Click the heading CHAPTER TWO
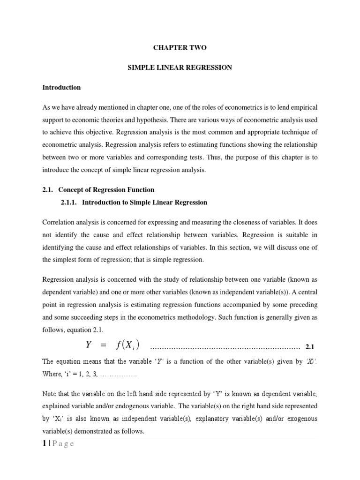(x=180, y=48)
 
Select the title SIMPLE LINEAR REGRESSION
(x=180, y=67)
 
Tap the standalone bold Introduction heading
(x=61, y=87)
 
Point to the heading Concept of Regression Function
(x=106, y=190)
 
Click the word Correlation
(x=58, y=221)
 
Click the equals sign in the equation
(x=104, y=346)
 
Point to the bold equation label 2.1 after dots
(x=311, y=347)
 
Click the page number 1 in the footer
(x=45, y=444)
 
